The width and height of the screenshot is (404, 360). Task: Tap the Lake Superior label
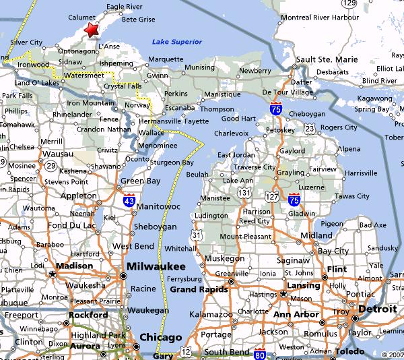click(x=176, y=42)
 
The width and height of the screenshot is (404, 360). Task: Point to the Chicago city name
click(x=160, y=337)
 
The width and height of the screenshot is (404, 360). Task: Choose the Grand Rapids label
click(x=197, y=290)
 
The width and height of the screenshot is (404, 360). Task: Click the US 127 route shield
click(x=271, y=196)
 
